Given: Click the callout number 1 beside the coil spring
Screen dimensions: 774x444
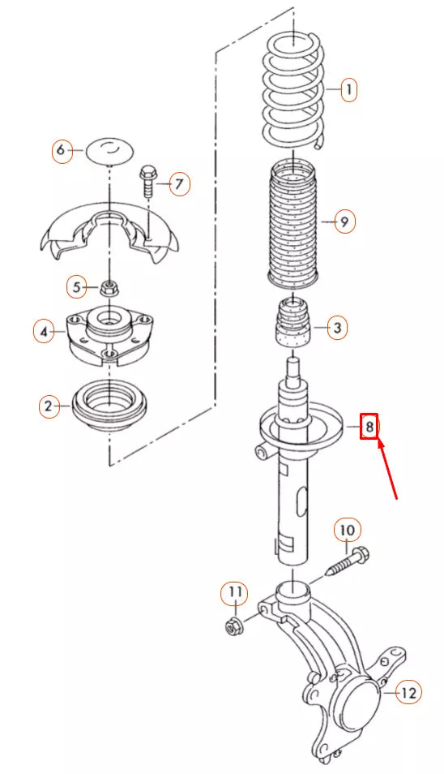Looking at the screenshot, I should coord(348,89).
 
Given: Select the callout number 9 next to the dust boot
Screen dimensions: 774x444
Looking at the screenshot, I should coord(344,221).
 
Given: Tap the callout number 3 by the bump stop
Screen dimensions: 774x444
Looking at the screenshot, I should coord(338,329).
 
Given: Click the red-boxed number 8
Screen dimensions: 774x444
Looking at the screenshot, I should coord(369,425).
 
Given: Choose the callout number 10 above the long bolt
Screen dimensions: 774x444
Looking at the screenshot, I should coord(347,531).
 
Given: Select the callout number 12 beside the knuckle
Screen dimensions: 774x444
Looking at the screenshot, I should coord(408,692).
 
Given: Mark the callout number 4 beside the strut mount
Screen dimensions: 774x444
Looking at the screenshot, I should coord(45,331).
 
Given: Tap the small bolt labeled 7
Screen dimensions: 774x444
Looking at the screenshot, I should coord(148,181).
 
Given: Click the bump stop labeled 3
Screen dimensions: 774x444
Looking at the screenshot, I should coord(293,325).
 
